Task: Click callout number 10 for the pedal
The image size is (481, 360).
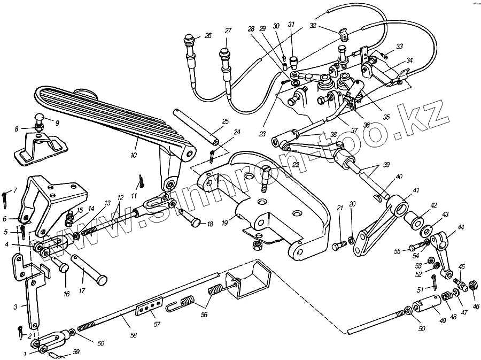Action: click(133, 155)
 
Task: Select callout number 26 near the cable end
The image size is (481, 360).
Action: click(208, 36)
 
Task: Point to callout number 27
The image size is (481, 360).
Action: click(228, 30)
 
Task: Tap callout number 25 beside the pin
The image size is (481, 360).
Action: click(226, 121)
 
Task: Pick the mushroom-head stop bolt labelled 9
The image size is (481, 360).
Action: click(40, 118)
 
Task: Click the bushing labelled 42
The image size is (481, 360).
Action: click(416, 220)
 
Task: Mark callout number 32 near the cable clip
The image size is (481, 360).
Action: click(313, 25)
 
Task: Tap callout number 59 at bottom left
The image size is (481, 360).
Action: click(76, 351)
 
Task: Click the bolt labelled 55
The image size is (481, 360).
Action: click(416, 248)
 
